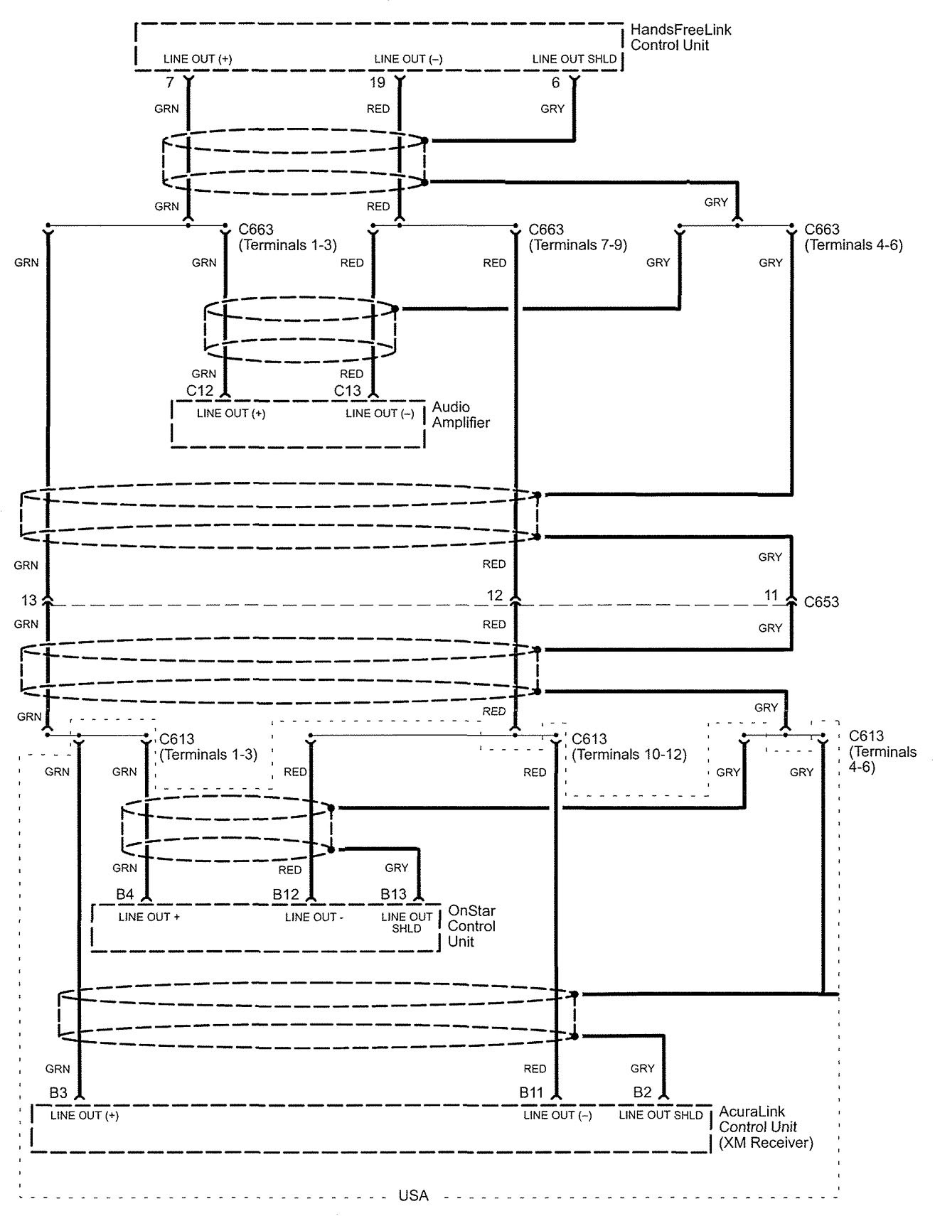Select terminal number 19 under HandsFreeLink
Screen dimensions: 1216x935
pyautogui.click(x=377, y=82)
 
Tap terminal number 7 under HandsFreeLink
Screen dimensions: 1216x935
pyautogui.click(x=169, y=82)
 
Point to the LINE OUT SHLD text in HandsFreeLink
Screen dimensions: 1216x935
pyautogui.click(x=574, y=59)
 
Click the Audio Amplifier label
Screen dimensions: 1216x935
pyautogui.click(x=461, y=414)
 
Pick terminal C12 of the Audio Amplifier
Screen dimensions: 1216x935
pyautogui.click(x=200, y=391)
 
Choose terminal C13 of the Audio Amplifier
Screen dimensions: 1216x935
pyautogui.click(x=348, y=391)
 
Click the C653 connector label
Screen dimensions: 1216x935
pyautogui.click(x=821, y=602)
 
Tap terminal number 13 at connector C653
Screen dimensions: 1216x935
pyautogui.click(x=28, y=601)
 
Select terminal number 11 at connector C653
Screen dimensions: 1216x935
pyautogui.click(x=771, y=596)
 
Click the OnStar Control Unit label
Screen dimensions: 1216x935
pyautogui.click(x=471, y=926)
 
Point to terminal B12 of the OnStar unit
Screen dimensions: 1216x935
pyautogui.click(x=286, y=894)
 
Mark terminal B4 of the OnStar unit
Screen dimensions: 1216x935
pyautogui.click(x=124, y=894)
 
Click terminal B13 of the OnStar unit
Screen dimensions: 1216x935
pyautogui.click(x=393, y=894)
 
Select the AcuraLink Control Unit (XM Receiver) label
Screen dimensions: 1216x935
pyautogui.click(x=765, y=1126)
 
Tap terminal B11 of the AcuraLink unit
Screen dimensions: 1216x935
pyautogui.click(x=530, y=1092)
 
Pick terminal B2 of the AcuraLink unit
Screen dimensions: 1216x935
pyautogui.click(x=642, y=1092)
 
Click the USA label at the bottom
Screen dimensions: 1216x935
pyautogui.click(x=413, y=1195)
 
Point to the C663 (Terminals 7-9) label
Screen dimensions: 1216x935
pyautogui.click(x=577, y=237)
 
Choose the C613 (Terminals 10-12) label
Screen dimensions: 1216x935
pyautogui.click(x=629, y=747)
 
